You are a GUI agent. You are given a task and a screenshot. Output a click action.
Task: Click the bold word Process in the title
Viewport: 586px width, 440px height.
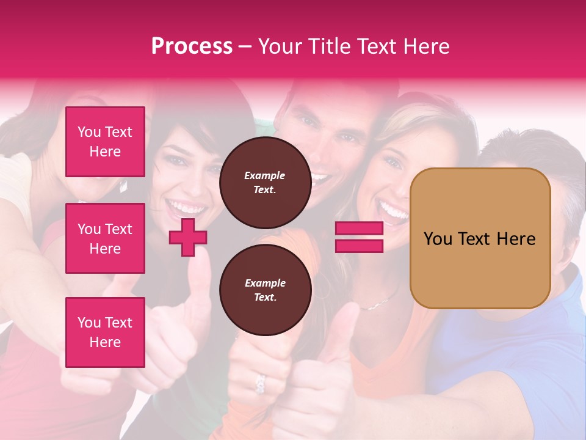tap(192, 46)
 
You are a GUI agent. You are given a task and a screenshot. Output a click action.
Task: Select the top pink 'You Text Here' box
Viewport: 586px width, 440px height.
tap(105, 142)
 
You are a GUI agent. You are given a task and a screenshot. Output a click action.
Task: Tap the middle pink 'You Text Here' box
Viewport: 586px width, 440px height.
tap(105, 238)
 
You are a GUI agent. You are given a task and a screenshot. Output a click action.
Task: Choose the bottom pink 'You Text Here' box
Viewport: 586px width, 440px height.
tap(105, 332)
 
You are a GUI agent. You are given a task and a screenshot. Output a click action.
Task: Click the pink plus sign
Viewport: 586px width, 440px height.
tap(188, 237)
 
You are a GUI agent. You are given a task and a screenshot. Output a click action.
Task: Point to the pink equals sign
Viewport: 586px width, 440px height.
tap(359, 237)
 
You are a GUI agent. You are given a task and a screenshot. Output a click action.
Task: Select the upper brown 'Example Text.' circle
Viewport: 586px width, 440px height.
tap(265, 183)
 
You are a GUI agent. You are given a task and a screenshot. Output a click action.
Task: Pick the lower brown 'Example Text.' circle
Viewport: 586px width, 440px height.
tap(265, 290)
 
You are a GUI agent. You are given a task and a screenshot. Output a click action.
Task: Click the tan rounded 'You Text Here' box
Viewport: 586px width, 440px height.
tap(480, 238)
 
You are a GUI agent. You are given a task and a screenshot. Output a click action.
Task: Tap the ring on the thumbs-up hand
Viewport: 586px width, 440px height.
tap(261, 383)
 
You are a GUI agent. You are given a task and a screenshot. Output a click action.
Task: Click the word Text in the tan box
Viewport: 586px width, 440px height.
tap(477, 239)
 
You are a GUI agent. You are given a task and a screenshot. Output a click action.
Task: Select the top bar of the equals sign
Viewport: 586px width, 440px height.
tap(359, 229)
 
